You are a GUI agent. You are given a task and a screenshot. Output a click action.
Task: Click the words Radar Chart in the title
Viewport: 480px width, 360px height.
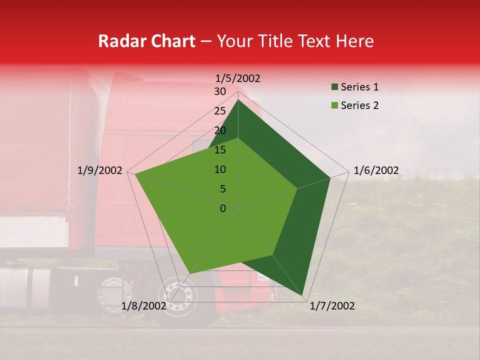click(146, 41)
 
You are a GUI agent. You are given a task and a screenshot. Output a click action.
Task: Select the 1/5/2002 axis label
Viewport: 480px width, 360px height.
click(238, 78)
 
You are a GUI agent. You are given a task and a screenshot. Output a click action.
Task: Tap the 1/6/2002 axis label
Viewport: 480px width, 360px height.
click(376, 170)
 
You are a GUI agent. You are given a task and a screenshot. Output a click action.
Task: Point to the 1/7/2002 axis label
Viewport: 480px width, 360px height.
click(332, 306)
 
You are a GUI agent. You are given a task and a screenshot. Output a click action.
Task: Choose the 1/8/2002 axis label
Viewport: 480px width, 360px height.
click(144, 306)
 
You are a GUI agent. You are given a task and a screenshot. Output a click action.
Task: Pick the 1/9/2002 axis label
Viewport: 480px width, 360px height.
click(100, 170)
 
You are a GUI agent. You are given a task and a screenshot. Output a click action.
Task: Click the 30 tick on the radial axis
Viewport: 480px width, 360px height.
click(220, 91)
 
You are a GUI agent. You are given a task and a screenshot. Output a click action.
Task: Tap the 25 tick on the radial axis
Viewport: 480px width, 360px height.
click(220, 111)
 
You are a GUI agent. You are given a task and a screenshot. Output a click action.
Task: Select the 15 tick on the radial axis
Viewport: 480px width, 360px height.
click(220, 150)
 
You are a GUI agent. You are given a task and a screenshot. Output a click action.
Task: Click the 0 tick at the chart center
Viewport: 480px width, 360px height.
click(223, 208)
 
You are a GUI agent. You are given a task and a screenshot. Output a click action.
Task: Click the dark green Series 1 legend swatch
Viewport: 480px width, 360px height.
click(334, 87)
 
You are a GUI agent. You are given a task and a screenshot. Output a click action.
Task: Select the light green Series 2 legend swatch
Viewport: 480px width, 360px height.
click(334, 105)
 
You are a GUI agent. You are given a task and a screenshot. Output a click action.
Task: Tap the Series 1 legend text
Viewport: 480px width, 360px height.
click(359, 87)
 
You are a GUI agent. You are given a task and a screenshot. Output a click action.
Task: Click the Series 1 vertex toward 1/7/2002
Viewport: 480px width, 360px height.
click(303, 295)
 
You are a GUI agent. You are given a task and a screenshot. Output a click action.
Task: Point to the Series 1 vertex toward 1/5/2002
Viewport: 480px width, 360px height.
click(238, 99)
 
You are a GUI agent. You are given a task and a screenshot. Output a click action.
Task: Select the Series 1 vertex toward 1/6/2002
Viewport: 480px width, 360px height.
click(330, 177)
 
